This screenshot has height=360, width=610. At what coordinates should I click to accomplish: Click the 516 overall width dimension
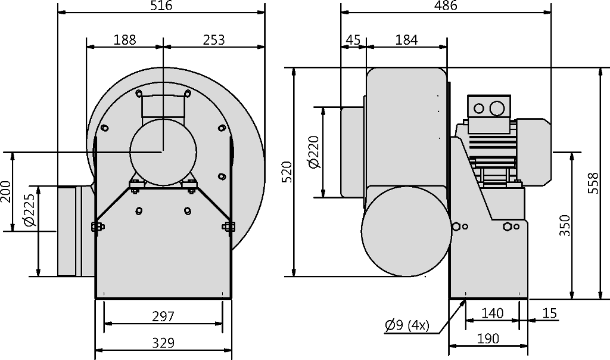click(x=161, y=5)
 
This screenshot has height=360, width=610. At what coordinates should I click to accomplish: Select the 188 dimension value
click(x=125, y=40)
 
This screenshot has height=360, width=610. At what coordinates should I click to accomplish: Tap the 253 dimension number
click(x=214, y=40)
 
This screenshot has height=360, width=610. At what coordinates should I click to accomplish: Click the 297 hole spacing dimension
click(x=163, y=316)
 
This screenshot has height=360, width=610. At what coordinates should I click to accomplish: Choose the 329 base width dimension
click(x=163, y=343)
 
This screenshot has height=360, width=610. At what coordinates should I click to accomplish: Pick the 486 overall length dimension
click(x=446, y=5)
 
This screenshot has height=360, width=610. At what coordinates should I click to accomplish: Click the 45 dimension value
click(x=353, y=40)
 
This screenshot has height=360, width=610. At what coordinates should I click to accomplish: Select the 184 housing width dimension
click(x=406, y=40)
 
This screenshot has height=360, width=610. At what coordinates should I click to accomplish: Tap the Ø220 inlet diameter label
click(x=313, y=152)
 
